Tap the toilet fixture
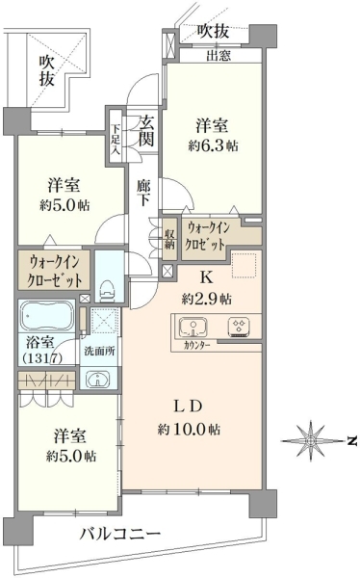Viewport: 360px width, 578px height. click(x=107, y=291)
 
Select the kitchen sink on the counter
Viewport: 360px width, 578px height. click(x=193, y=328)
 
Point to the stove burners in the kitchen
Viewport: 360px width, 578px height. click(x=240, y=327)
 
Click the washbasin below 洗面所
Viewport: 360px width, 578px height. click(x=97, y=379)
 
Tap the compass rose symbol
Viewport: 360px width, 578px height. click(x=311, y=440)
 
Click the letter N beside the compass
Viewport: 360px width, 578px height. click(x=352, y=440)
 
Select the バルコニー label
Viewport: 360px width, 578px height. click(x=120, y=533)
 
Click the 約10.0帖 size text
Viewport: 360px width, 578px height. click(x=189, y=429)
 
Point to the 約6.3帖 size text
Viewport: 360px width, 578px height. click(x=213, y=145)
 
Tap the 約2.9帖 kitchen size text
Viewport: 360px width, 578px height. click(x=206, y=299)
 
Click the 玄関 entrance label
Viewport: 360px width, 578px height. click(x=146, y=131)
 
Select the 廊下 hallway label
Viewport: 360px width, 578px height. click(x=143, y=192)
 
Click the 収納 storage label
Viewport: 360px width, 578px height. click(x=169, y=239)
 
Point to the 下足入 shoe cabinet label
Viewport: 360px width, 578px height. click(x=116, y=139)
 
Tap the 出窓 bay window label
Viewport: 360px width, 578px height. click(x=219, y=56)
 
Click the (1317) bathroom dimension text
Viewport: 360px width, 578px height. click(x=42, y=358)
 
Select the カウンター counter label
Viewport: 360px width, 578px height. click(x=196, y=346)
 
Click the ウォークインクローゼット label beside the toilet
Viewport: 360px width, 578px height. click(x=55, y=272)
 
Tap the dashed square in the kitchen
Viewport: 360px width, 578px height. click(x=244, y=265)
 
